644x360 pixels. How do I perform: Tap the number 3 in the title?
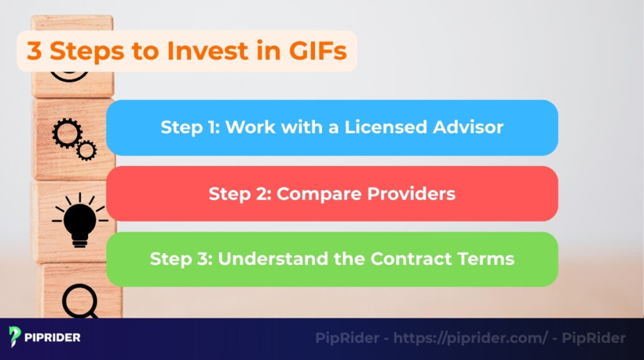click(x=34, y=50)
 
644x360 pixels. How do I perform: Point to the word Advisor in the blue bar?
click(x=469, y=127)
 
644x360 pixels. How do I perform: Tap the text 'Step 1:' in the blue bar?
click(x=189, y=127)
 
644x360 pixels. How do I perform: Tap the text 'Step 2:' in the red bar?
click(x=239, y=193)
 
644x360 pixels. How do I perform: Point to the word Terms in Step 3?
click(x=487, y=259)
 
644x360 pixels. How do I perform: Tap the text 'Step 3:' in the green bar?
click(x=180, y=259)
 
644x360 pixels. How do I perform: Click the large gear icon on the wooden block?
click(x=64, y=133)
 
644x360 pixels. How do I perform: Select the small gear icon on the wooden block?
click(x=86, y=150)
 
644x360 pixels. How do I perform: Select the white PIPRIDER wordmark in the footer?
click(x=53, y=337)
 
